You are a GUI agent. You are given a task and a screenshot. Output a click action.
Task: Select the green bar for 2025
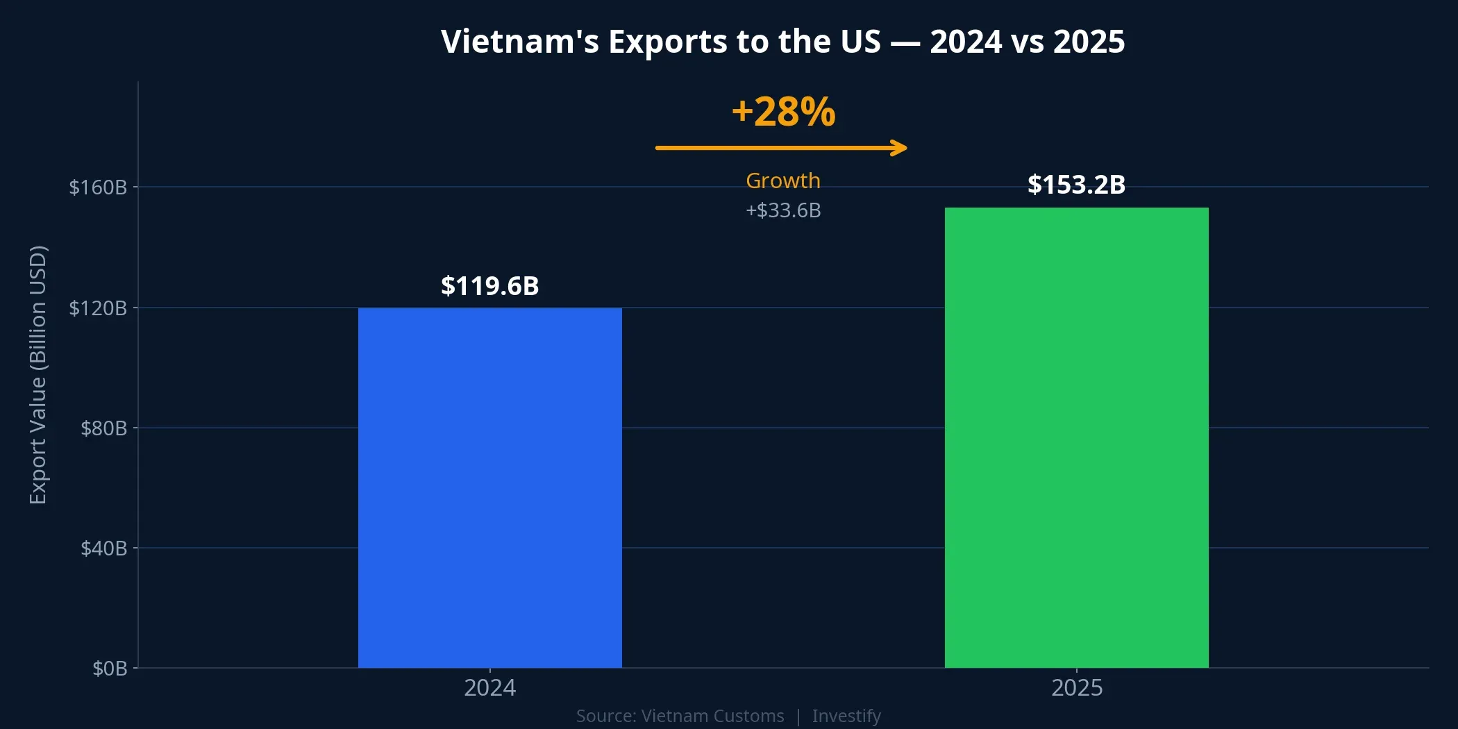1076,437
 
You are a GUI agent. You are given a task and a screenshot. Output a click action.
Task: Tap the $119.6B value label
489,286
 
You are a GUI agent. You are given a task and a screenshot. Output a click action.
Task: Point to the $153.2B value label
1076,185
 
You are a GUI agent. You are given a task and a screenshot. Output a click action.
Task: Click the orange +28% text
783,112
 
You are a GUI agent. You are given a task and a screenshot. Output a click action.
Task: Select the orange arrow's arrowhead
900,148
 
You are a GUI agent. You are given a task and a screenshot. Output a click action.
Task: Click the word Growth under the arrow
783,181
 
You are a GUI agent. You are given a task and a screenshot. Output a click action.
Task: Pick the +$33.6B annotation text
783,210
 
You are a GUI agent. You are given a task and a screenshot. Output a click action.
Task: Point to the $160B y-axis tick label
98,187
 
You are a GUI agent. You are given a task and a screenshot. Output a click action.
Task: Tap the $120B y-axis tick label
98,308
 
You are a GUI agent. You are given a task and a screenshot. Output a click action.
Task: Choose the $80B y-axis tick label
103,428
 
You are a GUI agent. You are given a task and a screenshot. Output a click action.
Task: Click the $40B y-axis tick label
103,548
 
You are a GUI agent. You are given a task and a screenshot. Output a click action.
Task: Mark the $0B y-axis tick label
110,669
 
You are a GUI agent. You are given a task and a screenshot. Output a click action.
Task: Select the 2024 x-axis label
489,688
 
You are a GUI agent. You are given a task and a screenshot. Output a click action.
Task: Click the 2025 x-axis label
1076,688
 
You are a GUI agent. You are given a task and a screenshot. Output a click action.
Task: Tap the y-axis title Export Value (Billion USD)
38,375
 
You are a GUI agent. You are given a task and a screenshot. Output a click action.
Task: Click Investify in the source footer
846,716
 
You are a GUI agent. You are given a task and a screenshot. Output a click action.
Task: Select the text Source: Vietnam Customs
680,716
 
